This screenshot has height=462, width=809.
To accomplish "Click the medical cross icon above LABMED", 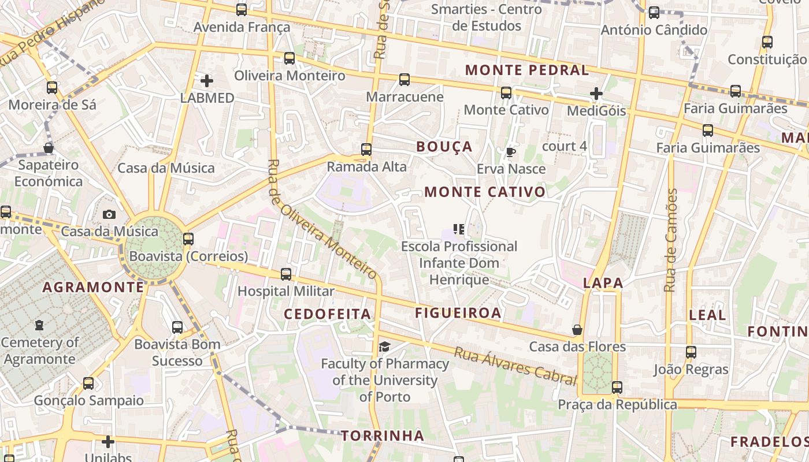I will pos(206,81).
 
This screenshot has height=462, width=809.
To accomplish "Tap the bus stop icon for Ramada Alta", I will pos(366,150).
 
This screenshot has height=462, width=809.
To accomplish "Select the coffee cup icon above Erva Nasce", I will pos(510,152).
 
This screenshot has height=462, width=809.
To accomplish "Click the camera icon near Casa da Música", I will pos(109,214).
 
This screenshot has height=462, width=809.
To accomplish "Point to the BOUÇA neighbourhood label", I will pos(444,147).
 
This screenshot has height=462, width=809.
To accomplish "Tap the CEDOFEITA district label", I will pos(327,314).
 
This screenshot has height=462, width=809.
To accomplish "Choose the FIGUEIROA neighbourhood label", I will pos(458,313).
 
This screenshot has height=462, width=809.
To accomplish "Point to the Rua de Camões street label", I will pos(670,240).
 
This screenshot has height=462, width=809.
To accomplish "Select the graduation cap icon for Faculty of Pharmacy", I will pos(384,346).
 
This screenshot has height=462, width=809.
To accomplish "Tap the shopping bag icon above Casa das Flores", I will pos(577,330).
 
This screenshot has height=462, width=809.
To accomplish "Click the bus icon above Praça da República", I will pos(617,387).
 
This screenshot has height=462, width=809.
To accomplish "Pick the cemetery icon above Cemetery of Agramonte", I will pos(39,325).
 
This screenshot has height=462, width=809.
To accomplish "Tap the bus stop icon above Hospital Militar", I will pos(286,274).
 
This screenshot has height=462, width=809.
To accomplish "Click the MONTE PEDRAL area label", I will pos(526,70).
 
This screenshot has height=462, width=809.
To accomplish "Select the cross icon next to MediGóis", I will pos(596,93).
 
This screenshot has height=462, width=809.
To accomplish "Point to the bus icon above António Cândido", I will pos(654,13).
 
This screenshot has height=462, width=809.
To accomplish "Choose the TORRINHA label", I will pos(383,435).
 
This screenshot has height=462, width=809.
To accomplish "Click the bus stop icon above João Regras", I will pos(691,352).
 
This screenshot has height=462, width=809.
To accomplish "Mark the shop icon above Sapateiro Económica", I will pos(49,148).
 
